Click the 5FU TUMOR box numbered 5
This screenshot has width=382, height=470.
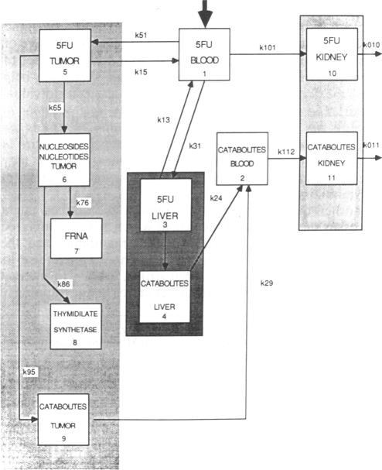[x=64, y=54]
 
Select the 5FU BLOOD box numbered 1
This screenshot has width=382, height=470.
[x=205, y=54]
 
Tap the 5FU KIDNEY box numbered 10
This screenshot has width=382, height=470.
[x=331, y=53]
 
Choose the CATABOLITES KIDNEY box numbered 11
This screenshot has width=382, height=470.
[x=331, y=157]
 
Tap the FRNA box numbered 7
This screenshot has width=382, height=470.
[x=76, y=238]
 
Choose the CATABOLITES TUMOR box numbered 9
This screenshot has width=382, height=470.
[x=64, y=418]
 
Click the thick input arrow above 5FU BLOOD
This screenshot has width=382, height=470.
[x=206, y=13]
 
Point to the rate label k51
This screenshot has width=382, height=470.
[x=142, y=36]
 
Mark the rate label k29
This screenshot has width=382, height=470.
[x=267, y=283]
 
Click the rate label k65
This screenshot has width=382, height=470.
[x=56, y=107]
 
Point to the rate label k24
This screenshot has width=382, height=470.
[x=216, y=198]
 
